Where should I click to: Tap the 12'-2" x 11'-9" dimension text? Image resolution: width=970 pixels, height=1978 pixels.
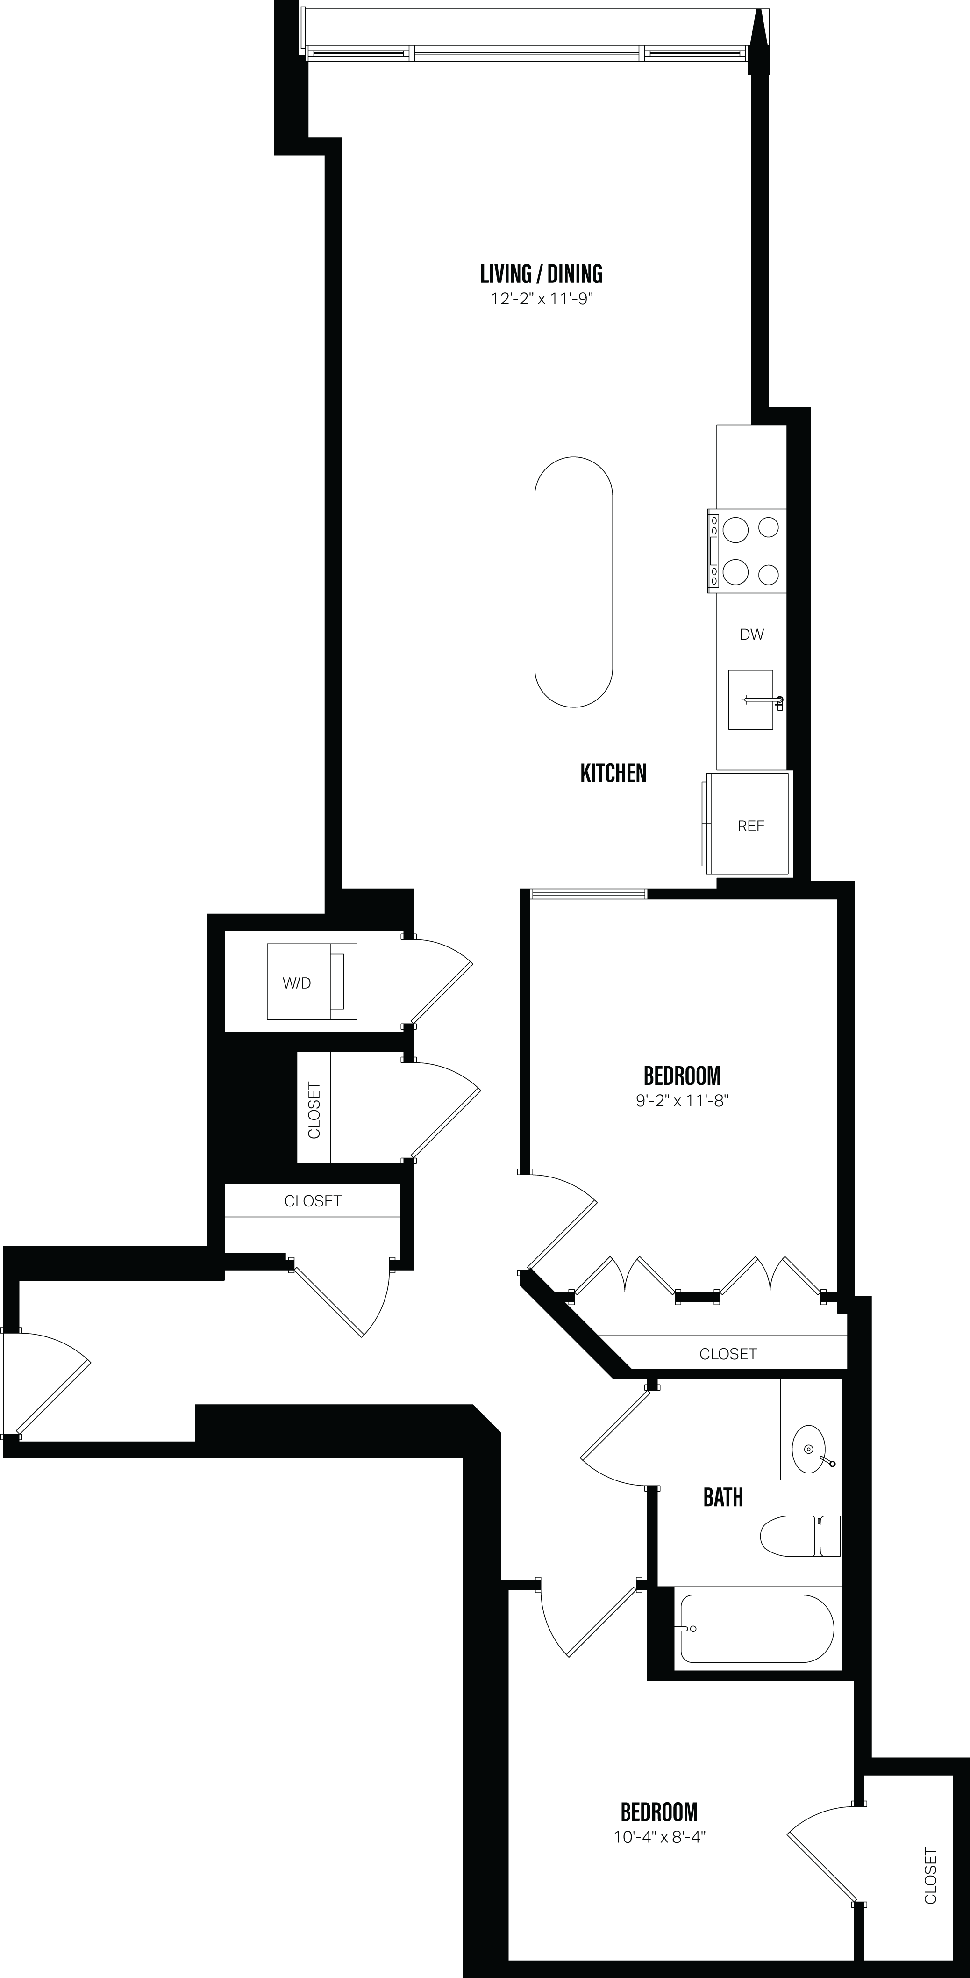[x=542, y=299]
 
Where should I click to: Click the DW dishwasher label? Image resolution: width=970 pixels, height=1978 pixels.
[x=751, y=634]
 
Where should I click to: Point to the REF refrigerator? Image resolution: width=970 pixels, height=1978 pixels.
[x=750, y=825]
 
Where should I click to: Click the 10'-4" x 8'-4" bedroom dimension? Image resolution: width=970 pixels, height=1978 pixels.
[x=659, y=1837]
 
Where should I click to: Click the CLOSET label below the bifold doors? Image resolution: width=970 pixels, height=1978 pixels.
[x=727, y=1354]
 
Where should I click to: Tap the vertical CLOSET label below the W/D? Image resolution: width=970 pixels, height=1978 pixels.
[x=314, y=1110]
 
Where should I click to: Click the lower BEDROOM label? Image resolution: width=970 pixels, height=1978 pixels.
[x=659, y=1812]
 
